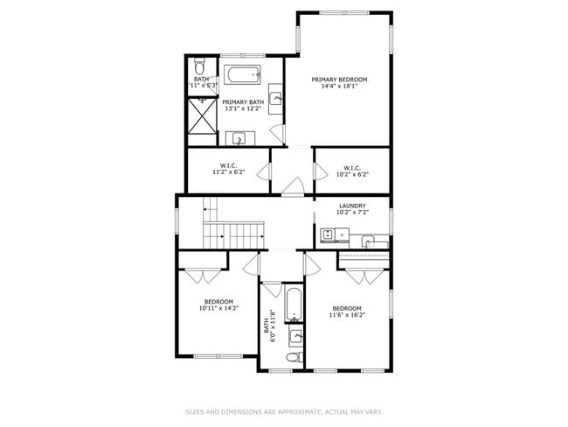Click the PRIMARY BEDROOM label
point(339,80)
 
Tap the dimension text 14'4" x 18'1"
point(339,87)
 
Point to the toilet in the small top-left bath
point(199,66)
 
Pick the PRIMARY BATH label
point(242,102)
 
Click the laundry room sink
point(369,239)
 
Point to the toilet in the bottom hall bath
point(295,357)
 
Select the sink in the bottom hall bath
point(296,336)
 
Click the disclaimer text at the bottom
point(284,410)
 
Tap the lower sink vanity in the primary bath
point(239,138)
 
